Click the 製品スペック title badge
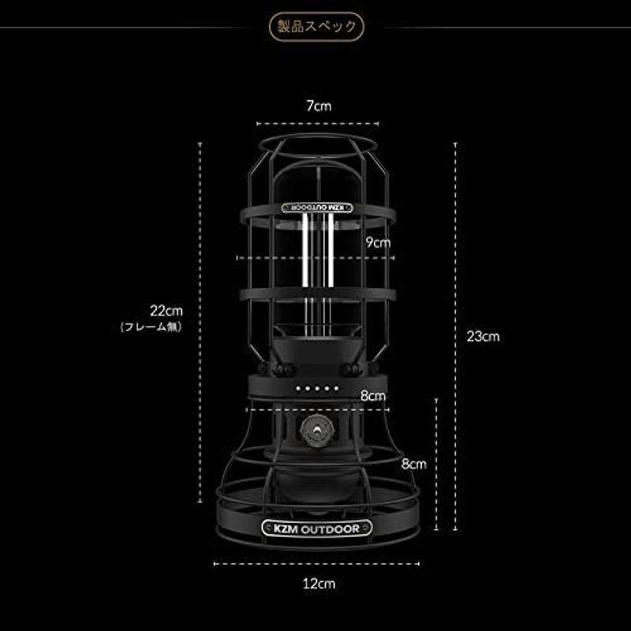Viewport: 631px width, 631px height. click(315, 25)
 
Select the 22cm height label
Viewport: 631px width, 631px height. click(167, 311)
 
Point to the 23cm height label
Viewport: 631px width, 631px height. click(483, 336)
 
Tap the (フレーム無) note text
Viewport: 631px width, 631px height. click(151, 326)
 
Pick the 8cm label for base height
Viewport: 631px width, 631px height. click(413, 465)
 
